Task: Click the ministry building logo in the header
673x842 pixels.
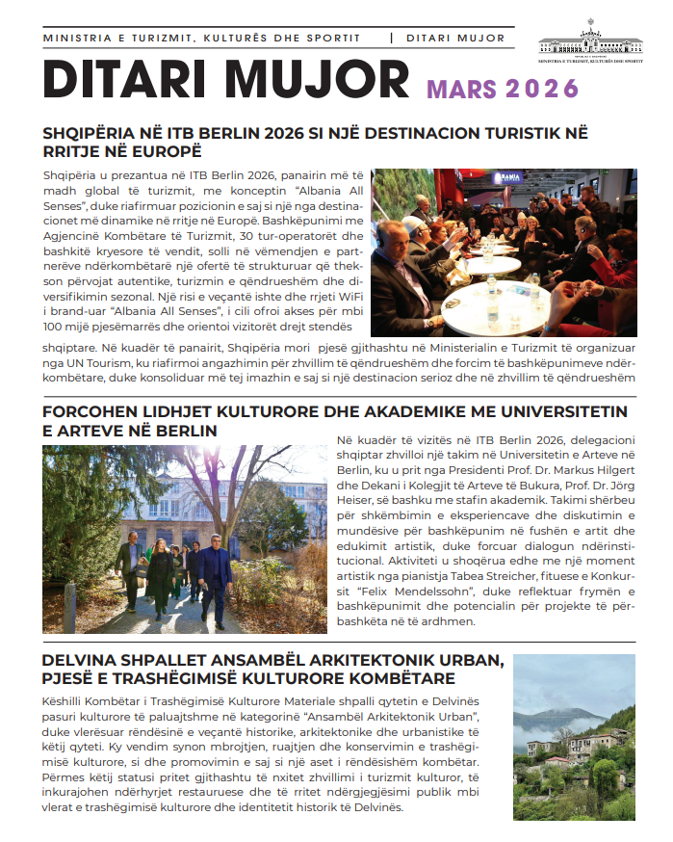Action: click(591, 39)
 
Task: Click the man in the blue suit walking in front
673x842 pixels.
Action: click(215, 570)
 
